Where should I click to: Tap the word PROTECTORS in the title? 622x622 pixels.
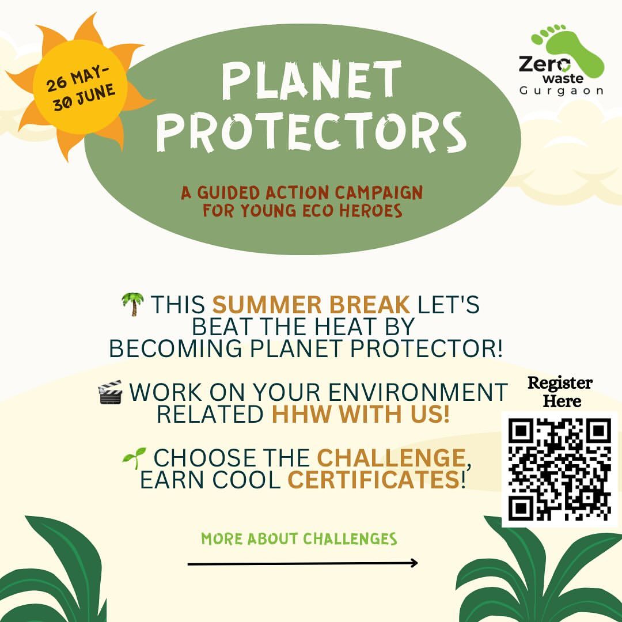(x=312, y=132)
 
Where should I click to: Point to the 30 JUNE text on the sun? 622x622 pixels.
(x=85, y=97)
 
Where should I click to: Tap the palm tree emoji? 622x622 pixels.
(x=132, y=304)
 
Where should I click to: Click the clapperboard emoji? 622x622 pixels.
(x=110, y=392)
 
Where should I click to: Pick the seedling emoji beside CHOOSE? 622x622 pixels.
(x=134, y=457)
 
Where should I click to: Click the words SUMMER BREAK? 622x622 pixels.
(x=311, y=305)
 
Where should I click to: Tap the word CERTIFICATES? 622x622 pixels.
(x=373, y=480)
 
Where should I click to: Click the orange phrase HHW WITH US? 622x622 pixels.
(x=361, y=414)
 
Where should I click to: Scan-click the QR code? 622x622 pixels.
(x=560, y=469)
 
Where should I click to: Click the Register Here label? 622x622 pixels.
(x=560, y=392)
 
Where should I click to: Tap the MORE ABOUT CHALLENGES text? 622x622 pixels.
(x=299, y=539)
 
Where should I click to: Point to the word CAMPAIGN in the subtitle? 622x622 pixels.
(x=378, y=193)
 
